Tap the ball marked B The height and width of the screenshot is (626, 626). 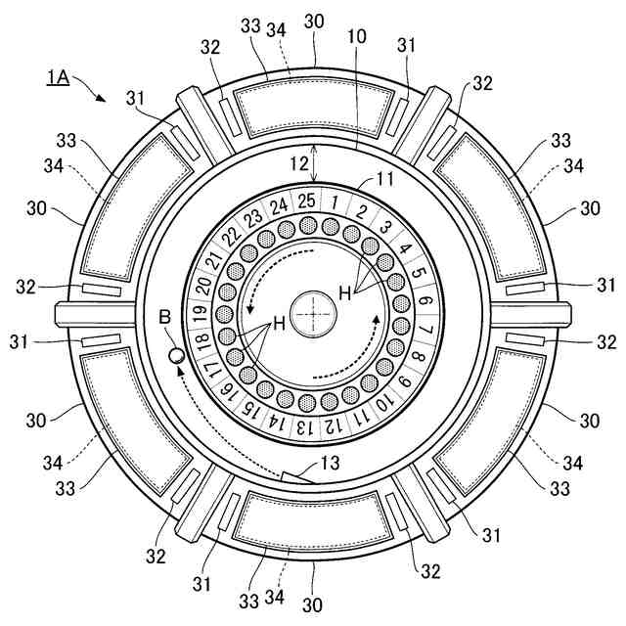click(x=177, y=357)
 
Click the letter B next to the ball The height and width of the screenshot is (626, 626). click(x=164, y=316)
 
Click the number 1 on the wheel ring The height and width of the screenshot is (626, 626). click(x=335, y=205)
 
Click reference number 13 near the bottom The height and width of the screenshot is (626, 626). click(x=332, y=463)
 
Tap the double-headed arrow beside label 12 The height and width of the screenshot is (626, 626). click(x=315, y=163)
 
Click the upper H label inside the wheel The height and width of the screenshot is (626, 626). click(x=344, y=291)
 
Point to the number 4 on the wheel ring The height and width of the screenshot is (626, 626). click(x=405, y=250)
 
